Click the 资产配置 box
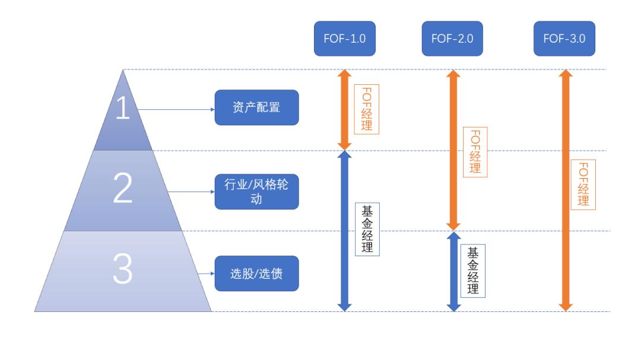pos(256,108)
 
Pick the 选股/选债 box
pos(256,273)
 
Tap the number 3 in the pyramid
pos(123,270)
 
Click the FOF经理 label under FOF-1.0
pos(366,109)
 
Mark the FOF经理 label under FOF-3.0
pos(583,184)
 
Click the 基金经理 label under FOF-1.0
pos(367,229)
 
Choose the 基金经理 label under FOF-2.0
pos(473,270)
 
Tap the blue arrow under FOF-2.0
pos(453,285)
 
